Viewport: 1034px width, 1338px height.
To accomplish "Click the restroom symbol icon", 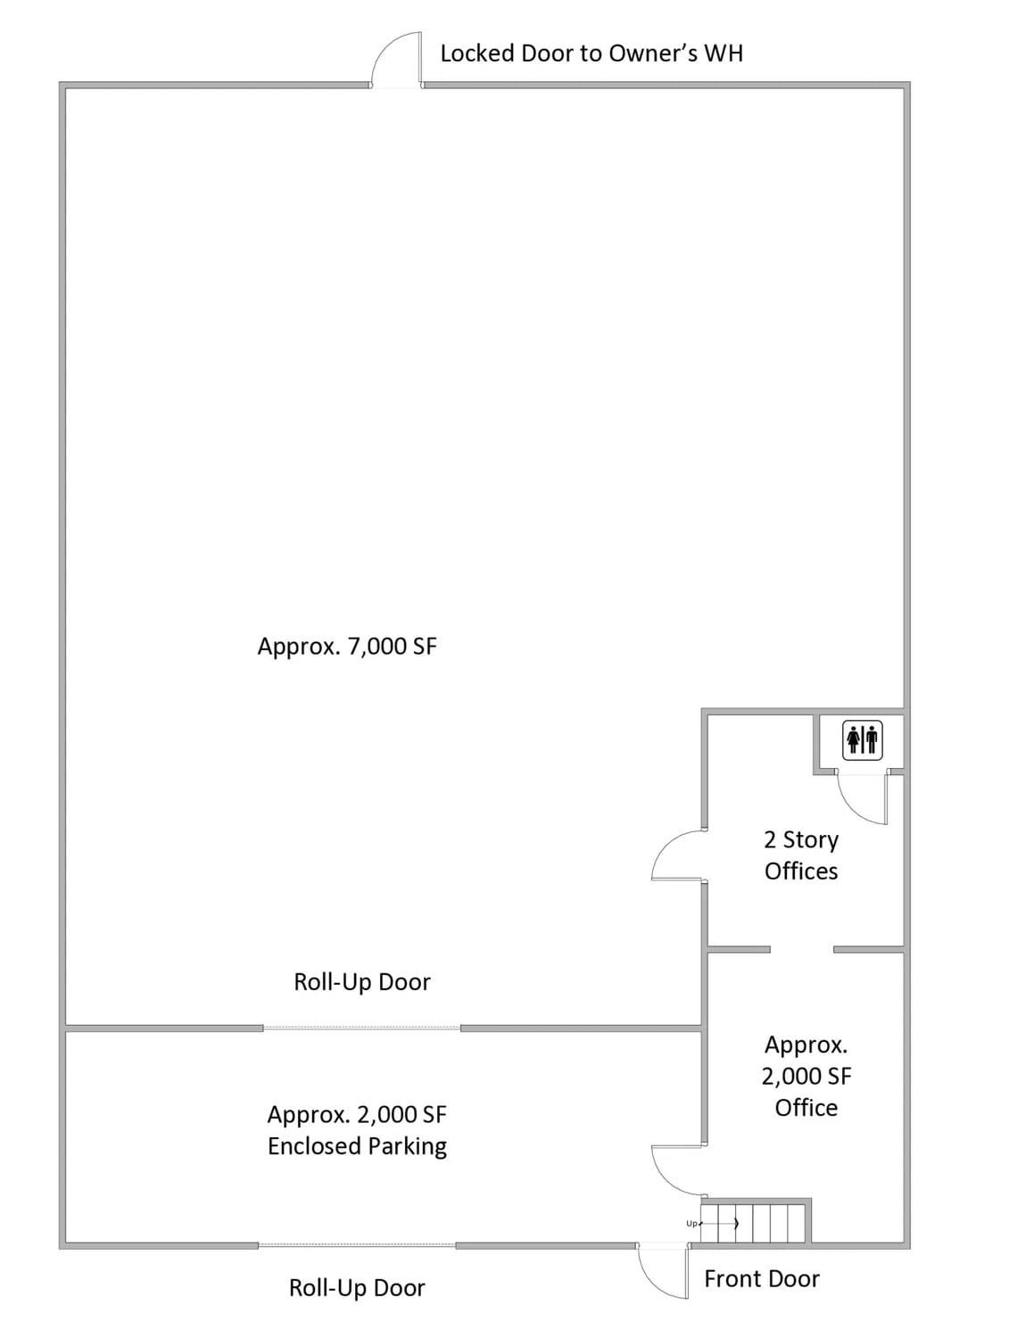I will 862,740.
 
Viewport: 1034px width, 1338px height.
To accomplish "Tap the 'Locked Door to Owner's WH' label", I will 591,54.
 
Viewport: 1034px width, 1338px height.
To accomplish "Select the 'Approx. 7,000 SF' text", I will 347,646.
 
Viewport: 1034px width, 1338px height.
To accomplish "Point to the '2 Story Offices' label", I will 801,855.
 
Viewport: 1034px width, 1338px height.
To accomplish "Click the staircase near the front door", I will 755,1222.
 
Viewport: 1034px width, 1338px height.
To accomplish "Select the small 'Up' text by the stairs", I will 691,1224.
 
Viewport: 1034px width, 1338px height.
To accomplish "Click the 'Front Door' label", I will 761,1279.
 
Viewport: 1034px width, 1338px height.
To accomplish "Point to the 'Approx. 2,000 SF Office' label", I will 806,1077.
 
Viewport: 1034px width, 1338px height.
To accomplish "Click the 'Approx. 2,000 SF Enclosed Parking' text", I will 357,1130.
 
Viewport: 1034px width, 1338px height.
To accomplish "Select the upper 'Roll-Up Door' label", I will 362,982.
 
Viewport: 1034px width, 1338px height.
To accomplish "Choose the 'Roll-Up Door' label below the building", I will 357,1288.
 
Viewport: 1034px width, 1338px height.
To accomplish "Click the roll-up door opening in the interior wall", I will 361,1028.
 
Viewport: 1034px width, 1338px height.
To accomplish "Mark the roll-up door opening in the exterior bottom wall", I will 357,1245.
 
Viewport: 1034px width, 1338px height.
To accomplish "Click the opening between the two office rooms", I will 801,949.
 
